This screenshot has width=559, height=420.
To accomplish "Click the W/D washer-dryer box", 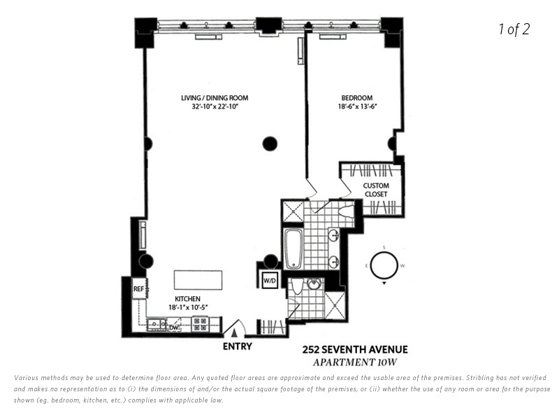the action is [270, 281].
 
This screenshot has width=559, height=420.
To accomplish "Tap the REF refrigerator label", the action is [138, 288].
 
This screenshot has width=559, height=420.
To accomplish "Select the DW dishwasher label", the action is [174, 328].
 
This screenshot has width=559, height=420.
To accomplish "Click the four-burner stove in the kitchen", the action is [200, 324].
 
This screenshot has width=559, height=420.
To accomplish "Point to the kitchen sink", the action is [157, 324].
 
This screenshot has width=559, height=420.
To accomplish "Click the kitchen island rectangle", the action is [198, 280].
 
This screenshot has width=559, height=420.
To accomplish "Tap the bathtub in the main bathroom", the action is [293, 248].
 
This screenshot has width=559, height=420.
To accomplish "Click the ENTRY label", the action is [238, 346].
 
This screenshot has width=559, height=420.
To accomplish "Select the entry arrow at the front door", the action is [234, 333].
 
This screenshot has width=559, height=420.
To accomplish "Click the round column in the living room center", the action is [270, 143].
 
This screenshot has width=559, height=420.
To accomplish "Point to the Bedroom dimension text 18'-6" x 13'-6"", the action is [358, 106].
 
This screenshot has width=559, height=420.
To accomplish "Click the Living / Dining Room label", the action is [215, 98].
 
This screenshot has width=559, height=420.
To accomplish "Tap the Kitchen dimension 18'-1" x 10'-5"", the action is [188, 307].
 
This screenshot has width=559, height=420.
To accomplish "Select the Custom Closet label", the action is [376, 190].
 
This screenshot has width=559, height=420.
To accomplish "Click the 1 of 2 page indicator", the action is [514, 29].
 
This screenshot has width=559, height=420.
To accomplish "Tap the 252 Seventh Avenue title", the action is [355, 349].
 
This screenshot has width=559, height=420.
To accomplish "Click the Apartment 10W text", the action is [355, 362].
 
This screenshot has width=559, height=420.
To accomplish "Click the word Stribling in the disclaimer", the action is [481, 377].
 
